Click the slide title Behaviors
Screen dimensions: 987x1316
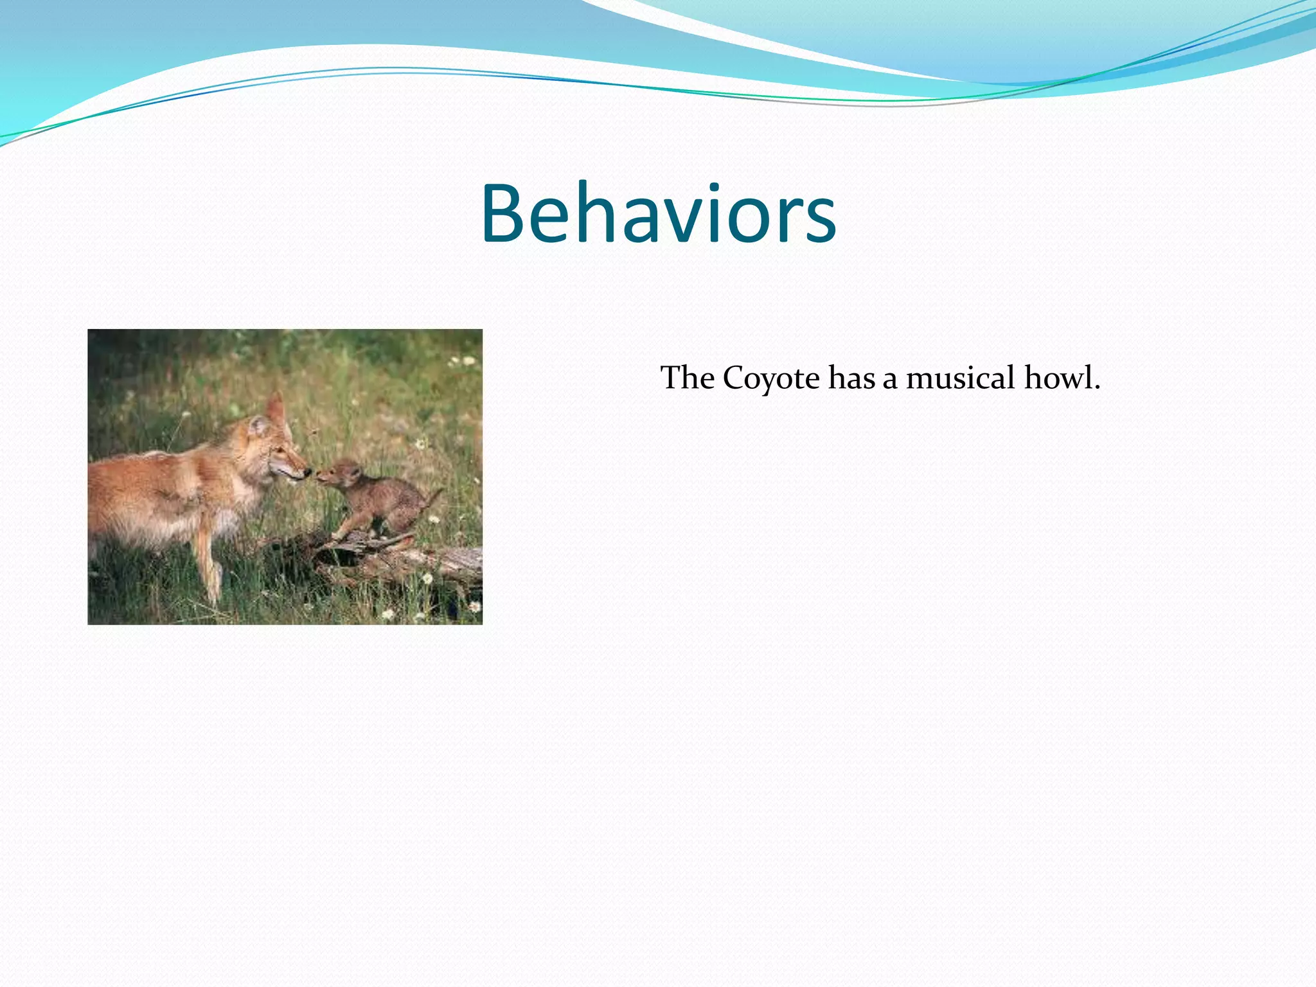tap(658, 213)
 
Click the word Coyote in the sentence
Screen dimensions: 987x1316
tap(770, 378)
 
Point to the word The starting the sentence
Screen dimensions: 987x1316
tap(687, 378)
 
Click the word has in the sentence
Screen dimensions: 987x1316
tap(851, 378)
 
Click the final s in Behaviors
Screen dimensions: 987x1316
tap(820, 222)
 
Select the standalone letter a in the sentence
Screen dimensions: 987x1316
tap(890, 380)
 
